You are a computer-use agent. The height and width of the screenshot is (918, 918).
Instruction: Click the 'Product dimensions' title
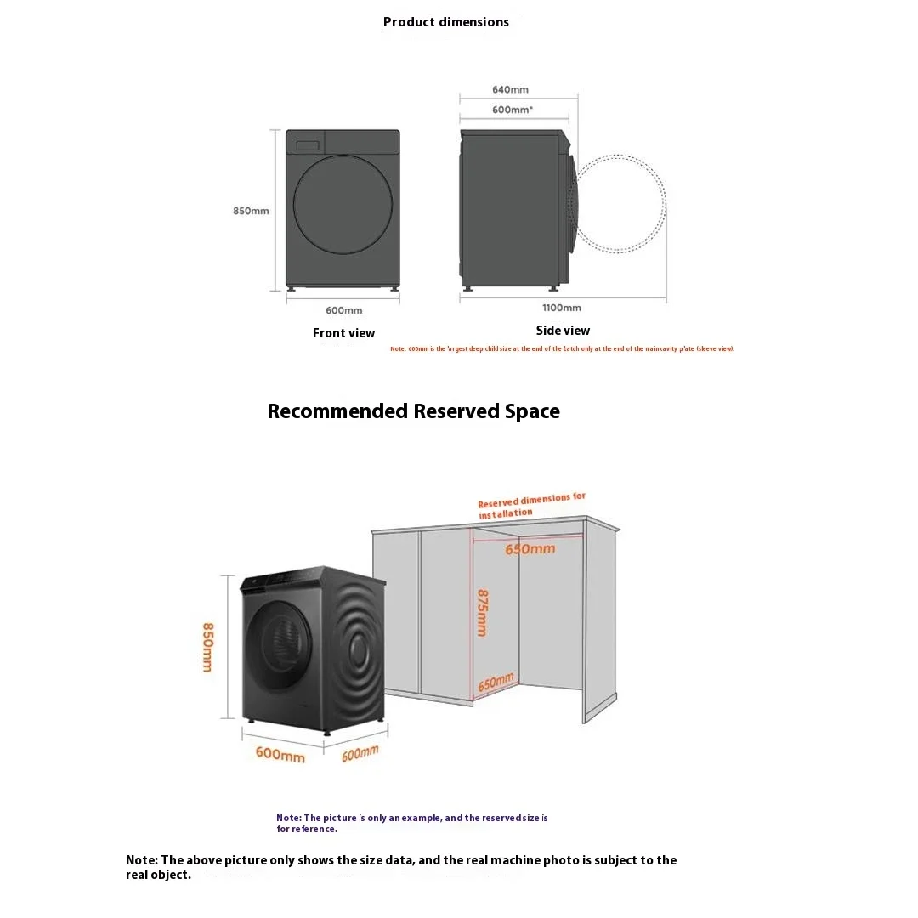(446, 22)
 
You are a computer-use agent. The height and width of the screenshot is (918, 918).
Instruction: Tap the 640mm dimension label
(510, 89)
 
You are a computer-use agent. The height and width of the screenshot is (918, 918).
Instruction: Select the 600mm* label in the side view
(513, 110)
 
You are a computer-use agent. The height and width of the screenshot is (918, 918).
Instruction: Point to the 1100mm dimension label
(562, 308)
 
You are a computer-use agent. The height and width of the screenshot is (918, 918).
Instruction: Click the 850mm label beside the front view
(251, 211)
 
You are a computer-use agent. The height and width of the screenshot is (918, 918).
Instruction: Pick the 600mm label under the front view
(343, 310)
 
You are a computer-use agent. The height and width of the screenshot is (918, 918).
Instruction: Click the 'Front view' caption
(343, 333)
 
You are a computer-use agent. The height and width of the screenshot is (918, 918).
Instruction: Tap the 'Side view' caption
(563, 331)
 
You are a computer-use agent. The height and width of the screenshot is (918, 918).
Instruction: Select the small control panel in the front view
(307, 145)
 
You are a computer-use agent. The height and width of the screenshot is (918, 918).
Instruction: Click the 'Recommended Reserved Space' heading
(413, 411)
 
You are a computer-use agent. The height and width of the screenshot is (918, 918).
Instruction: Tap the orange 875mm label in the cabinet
(482, 613)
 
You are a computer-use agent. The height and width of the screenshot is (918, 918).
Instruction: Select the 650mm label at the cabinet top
(530, 549)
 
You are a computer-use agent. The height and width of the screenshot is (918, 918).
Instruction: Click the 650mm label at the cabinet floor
(496, 683)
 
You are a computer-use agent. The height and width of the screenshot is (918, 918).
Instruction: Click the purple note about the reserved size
(411, 823)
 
